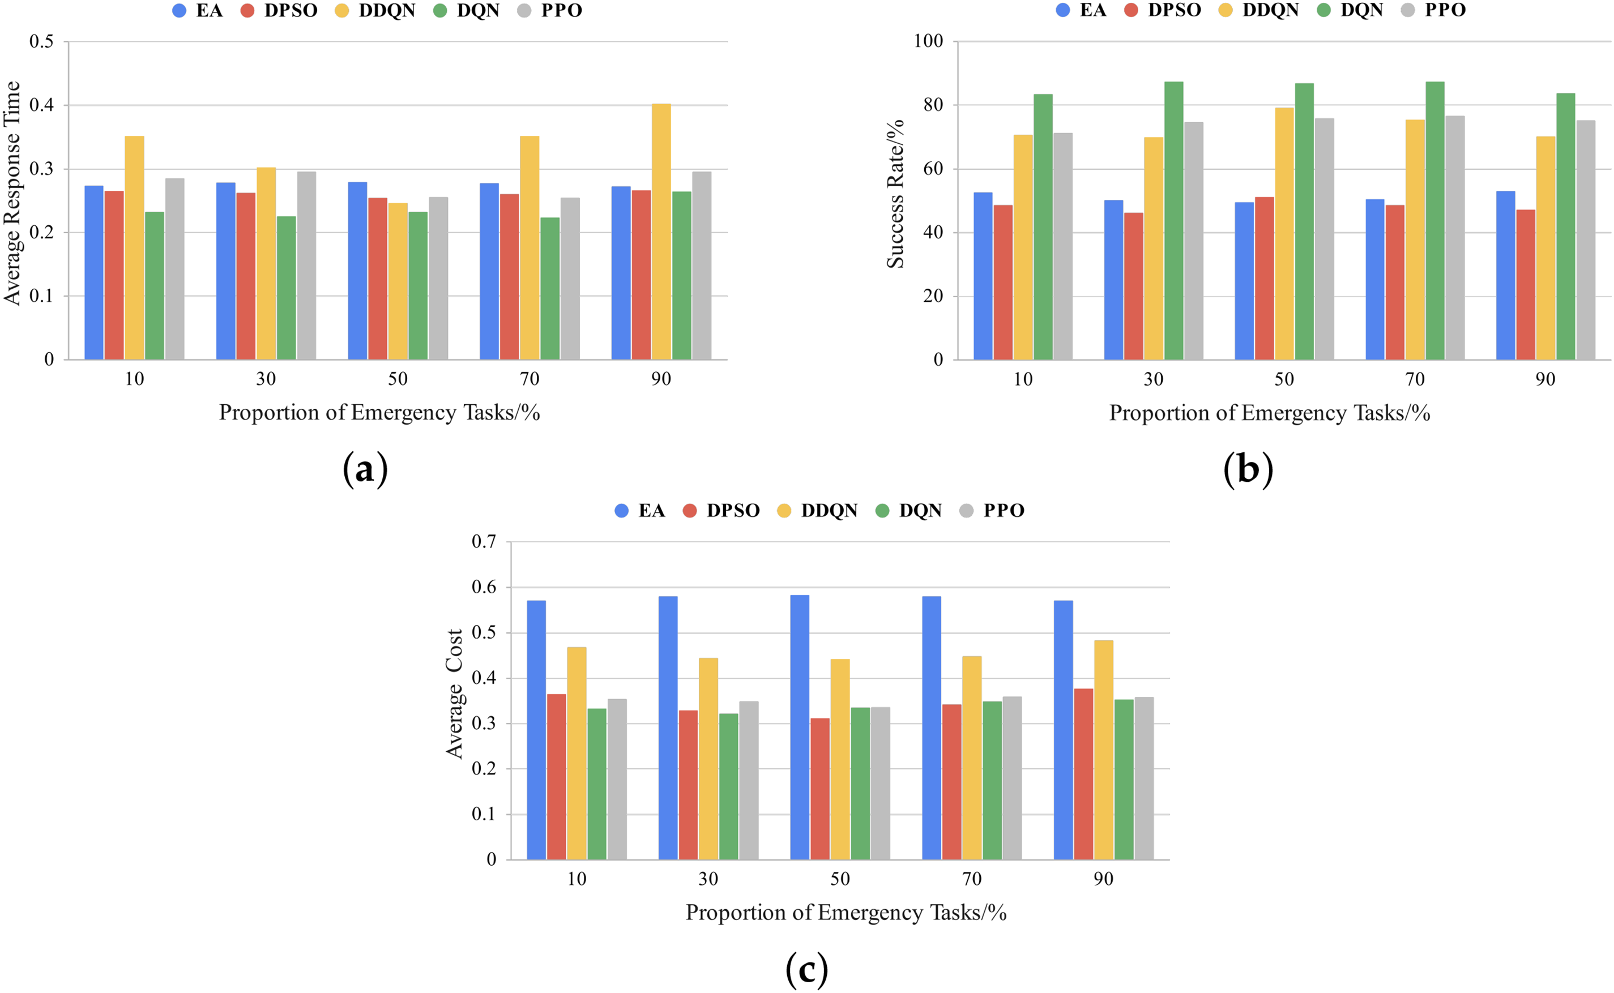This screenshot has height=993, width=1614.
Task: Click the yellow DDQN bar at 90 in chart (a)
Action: (x=660, y=231)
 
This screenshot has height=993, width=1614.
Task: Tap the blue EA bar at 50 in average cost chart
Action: (x=799, y=726)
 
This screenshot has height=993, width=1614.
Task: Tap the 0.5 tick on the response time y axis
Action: (x=41, y=41)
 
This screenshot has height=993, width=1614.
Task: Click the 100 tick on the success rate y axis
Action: (x=928, y=41)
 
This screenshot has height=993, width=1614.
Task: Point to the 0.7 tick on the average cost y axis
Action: (x=484, y=542)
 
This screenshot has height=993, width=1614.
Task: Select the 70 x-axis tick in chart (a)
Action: (x=529, y=379)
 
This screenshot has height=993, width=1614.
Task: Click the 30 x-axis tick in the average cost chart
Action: (x=707, y=879)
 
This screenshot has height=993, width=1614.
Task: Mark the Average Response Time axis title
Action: (x=12, y=193)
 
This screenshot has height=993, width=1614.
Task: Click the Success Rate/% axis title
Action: (x=895, y=194)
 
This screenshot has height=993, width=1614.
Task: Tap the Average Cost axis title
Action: (x=454, y=694)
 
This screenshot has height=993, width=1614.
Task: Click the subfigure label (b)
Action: (x=1248, y=469)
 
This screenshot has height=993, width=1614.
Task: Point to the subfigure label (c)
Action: (x=806, y=969)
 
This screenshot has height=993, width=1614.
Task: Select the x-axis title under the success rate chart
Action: (x=1269, y=413)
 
